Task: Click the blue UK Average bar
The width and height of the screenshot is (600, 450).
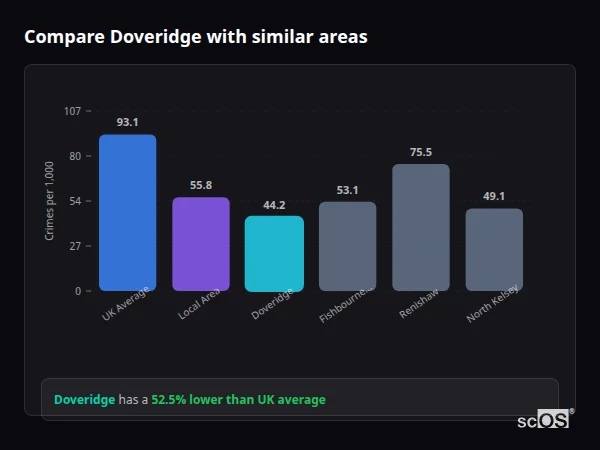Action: (x=127, y=212)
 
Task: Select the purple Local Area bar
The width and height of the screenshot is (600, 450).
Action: (x=200, y=244)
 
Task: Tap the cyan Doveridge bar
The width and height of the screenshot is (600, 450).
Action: (x=274, y=253)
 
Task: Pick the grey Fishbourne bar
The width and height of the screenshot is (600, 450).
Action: (x=347, y=246)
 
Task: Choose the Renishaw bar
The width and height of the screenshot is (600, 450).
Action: (x=420, y=227)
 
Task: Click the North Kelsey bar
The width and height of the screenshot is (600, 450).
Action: (x=494, y=249)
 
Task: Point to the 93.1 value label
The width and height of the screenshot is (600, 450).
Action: (x=127, y=122)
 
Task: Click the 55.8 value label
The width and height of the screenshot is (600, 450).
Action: (x=200, y=185)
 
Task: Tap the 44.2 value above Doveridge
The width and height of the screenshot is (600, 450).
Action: (x=274, y=205)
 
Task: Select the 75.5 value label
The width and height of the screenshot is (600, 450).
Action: (x=420, y=152)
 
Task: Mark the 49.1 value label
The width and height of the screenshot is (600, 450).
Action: (x=494, y=196)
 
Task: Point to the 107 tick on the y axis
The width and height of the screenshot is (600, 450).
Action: (x=72, y=111)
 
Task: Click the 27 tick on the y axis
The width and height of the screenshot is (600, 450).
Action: (x=75, y=246)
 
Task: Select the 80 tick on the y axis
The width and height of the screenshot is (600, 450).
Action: (x=75, y=156)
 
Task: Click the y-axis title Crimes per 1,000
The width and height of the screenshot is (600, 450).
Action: (x=50, y=201)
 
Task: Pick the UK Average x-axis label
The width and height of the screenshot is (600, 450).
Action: (x=125, y=304)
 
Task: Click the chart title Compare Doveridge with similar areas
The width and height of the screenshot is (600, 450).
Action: (x=195, y=37)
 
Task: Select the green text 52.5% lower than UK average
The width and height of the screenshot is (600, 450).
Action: (x=238, y=400)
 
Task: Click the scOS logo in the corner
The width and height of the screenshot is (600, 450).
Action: (x=544, y=420)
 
